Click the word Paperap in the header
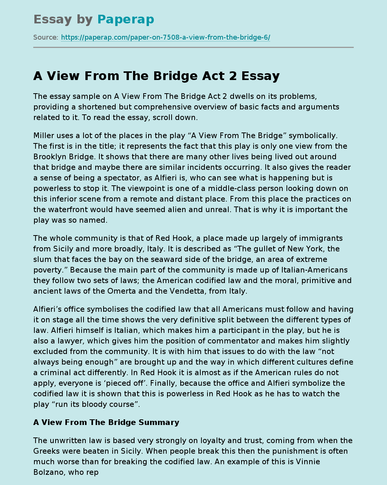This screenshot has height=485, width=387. [125, 20]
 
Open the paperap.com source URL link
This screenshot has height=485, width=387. [166, 37]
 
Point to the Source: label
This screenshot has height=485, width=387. [46, 37]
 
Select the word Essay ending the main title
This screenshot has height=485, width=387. [260, 76]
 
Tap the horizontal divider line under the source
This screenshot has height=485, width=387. [193, 48]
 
